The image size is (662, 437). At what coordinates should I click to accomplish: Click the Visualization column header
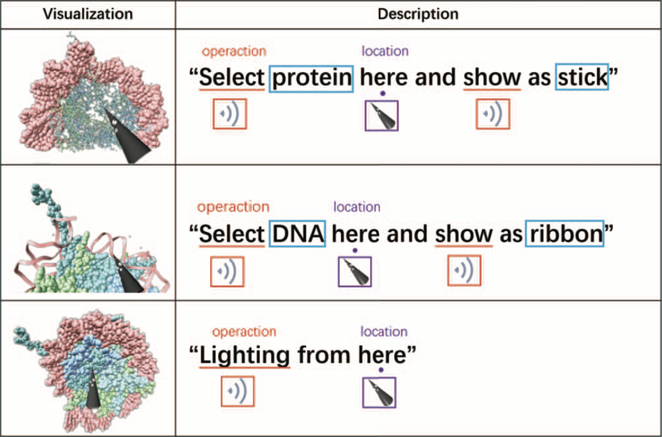[x=87, y=14]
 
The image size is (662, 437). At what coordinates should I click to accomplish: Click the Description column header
[x=418, y=14]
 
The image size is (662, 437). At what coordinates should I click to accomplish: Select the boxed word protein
[x=312, y=78]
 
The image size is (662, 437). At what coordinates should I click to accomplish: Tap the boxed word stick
[x=581, y=78]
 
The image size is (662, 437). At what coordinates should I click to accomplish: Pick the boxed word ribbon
[x=564, y=234]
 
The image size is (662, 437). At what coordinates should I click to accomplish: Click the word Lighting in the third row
[x=244, y=355]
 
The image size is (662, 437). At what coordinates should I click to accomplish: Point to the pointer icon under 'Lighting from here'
[x=379, y=392]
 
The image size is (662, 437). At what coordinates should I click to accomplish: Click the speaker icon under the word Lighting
[x=238, y=392]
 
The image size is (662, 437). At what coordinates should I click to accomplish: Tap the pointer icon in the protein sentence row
[x=382, y=115]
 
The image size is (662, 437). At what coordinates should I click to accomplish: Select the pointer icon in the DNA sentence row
[x=355, y=270]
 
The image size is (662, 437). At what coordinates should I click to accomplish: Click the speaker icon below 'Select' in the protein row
[x=229, y=114]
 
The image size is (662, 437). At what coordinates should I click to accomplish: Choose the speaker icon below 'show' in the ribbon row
[x=464, y=270]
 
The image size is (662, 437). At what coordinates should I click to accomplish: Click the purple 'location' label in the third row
[x=384, y=332]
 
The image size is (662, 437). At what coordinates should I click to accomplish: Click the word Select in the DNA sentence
[x=232, y=234]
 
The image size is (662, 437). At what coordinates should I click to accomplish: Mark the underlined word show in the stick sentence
[x=492, y=78]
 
